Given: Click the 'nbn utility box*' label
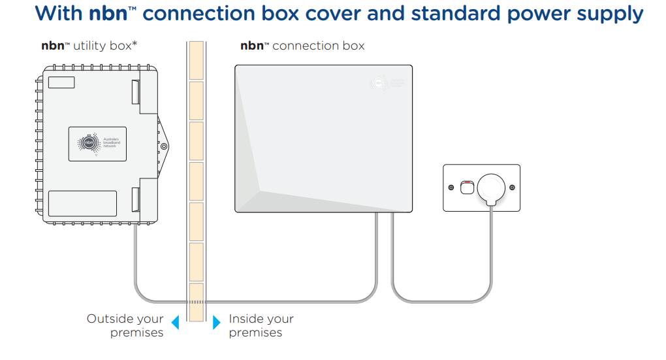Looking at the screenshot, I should (x=89, y=46).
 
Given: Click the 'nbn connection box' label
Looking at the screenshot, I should (x=302, y=46).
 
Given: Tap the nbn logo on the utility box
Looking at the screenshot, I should (x=86, y=142).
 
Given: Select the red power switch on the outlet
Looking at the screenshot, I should (x=466, y=188).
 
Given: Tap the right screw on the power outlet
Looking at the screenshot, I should (x=511, y=188).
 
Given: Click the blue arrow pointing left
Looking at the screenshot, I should (x=175, y=321).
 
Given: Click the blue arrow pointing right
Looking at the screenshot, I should (x=216, y=321).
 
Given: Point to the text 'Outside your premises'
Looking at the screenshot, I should (x=125, y=325).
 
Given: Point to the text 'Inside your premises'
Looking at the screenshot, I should (x=261, y=325).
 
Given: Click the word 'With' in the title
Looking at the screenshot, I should (x=59, y=14).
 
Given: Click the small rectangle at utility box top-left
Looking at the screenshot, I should (x=61, y=82).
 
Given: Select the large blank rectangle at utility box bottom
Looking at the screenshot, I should (x=82, y=203).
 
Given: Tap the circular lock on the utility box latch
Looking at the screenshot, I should (x=164, y=146).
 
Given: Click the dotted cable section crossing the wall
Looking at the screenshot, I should (x=196, y=302).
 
